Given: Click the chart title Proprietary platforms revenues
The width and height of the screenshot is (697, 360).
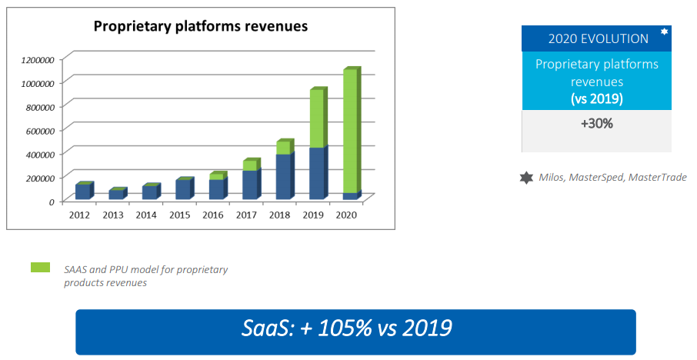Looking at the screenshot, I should click(x=200, y=26).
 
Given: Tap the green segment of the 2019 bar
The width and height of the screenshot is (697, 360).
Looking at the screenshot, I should click(x=316, y=118).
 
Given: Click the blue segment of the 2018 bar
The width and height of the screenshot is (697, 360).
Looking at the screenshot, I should click(x=283, y=176).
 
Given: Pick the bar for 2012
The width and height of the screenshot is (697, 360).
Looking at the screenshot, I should click(x=83, y=192).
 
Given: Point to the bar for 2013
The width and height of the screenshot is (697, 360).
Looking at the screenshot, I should click(x=116, y=195).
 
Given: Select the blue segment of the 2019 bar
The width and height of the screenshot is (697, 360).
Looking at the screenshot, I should click(x=316, y=173).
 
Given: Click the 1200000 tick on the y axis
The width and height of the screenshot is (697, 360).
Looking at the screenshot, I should click(x=37, y=59).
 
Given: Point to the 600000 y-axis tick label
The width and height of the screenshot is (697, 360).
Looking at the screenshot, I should click(x=39, y=130).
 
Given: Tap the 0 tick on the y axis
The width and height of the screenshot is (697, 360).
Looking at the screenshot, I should click(x=52, y=202).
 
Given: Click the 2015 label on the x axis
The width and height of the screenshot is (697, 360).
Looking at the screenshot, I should click(x=179, y=215).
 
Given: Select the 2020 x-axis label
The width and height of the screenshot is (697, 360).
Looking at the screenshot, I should click(x=346, y=215).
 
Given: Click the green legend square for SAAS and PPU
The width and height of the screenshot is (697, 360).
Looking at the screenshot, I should click(x=40, y=268).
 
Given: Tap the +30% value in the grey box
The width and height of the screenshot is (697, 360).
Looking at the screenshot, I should click(x=596, y=123).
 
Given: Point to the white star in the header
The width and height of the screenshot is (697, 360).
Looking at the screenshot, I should click(x=664, y=32).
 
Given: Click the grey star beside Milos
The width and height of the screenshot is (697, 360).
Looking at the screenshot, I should click(x=526, y=178).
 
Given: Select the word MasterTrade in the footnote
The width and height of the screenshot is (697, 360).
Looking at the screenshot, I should click(x=657, y=178).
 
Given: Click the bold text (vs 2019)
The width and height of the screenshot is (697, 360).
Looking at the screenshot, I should click(x=596, y=98).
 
